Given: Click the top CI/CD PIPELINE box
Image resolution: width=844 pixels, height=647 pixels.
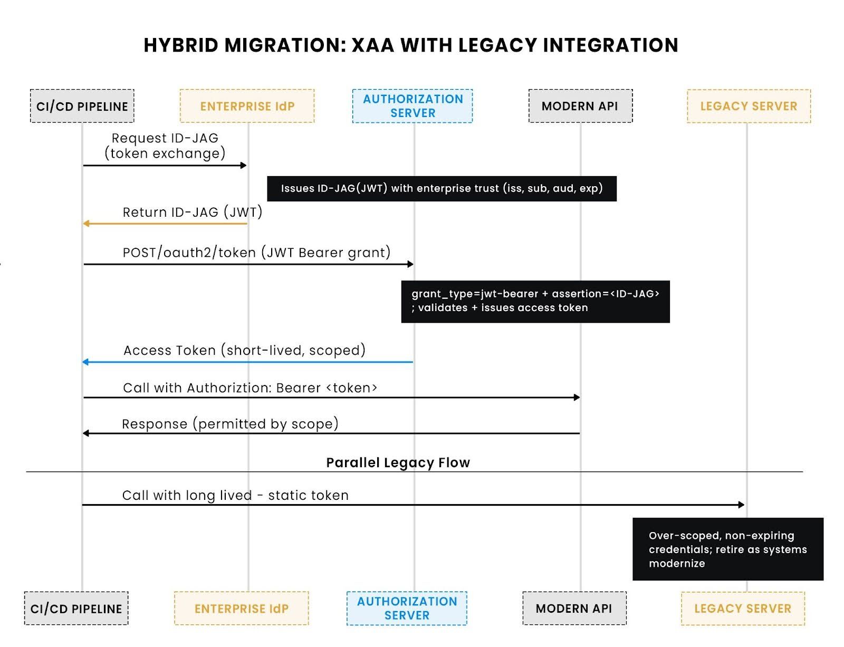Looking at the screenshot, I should point(82,106).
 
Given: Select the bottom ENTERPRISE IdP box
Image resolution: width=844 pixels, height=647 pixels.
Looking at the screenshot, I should point(241,609).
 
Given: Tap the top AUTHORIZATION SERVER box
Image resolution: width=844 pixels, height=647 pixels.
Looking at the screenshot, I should point(413,106).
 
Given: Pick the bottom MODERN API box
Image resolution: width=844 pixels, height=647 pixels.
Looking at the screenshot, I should point(574,609).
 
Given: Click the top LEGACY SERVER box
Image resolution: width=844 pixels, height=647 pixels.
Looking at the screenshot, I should point(748,106).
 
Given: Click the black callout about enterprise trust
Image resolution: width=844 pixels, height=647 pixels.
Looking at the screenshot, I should point(442,188).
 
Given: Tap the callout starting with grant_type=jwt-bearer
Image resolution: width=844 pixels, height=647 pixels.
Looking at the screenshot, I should point(535,301).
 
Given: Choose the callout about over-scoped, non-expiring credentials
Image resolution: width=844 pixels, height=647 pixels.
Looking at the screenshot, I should point(727,549).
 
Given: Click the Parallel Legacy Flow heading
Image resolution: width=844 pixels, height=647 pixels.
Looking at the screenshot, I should point(398,462).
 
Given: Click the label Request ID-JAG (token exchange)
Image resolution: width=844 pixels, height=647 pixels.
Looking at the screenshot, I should point(165,146).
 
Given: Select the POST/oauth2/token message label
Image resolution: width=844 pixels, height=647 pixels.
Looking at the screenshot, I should point(256,253).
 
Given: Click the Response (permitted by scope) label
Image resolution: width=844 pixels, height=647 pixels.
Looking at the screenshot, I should point(230,424).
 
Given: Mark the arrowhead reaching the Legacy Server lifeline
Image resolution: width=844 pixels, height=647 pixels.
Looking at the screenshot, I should point(741,505).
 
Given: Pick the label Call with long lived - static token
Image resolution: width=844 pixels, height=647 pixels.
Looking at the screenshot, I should point(235,496).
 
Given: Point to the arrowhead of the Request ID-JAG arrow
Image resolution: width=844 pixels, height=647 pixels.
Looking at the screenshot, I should point(244,166).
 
